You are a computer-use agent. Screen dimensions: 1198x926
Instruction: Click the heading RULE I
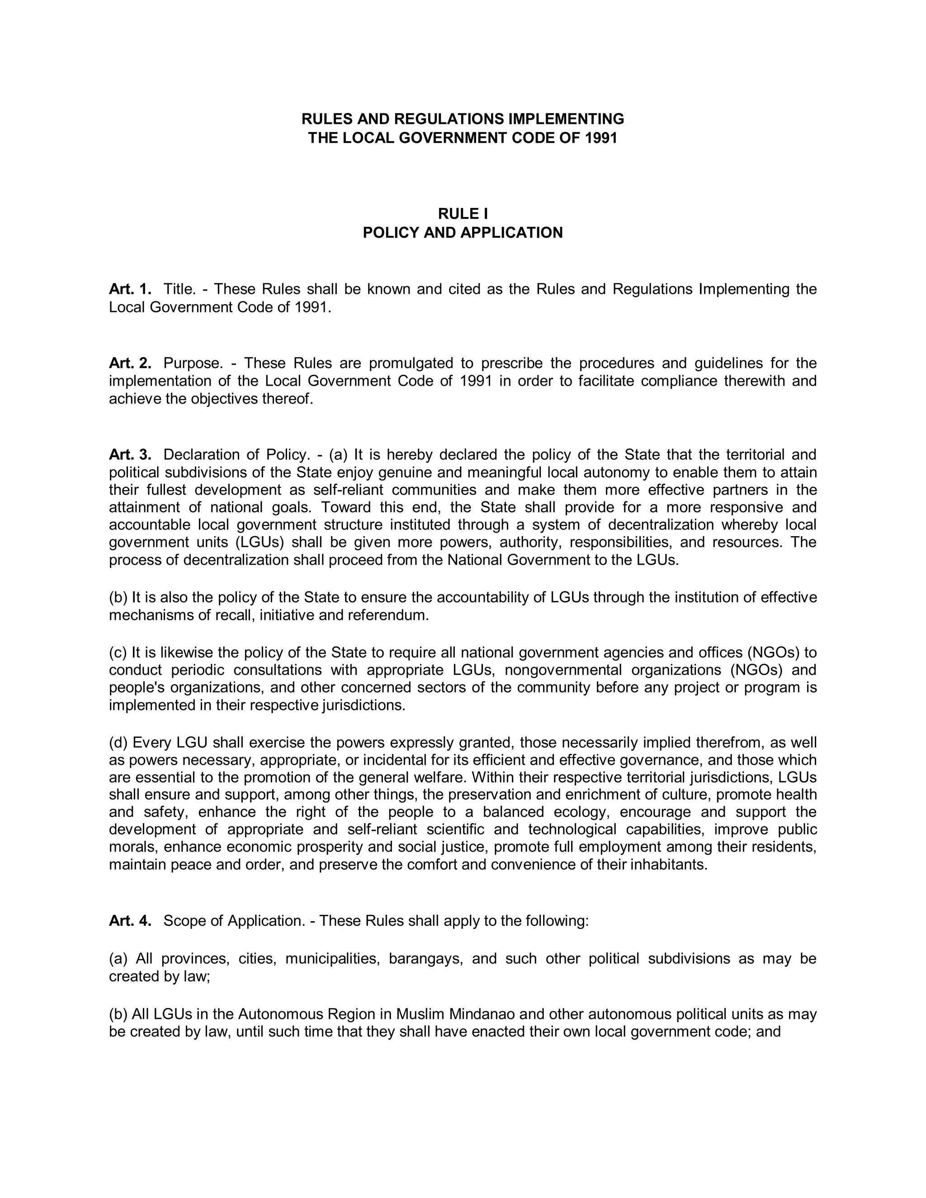463,214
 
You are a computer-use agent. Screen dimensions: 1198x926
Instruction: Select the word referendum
393,615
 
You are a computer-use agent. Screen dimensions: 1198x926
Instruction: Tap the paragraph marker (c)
118,653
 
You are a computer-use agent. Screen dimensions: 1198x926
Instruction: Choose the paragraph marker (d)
118,743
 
